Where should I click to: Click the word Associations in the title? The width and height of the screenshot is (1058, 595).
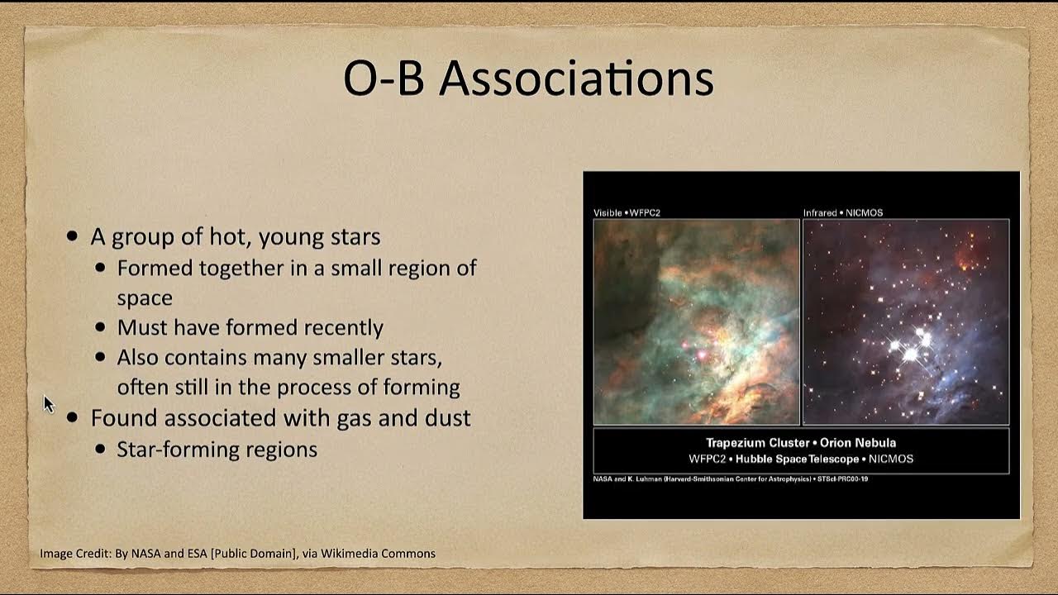point(576,79)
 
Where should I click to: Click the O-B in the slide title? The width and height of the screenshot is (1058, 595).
point(385,79)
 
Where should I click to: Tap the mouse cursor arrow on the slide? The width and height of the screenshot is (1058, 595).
point(48,404)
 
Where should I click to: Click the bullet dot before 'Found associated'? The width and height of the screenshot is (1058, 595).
point(73,418)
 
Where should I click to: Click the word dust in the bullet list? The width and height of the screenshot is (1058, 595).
point(447,418)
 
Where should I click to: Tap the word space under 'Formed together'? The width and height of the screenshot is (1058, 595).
point(145,297)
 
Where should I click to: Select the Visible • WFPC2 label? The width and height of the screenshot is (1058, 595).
point(627,213)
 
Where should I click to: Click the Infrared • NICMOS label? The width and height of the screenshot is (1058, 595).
point(843,213)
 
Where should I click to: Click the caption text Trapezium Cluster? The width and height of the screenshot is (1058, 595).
point(759,443)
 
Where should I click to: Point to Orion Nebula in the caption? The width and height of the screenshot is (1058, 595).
point(858,443)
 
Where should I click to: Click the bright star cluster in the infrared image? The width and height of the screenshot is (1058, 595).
point(913,345)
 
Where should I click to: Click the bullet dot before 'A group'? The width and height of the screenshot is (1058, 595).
point(73,237)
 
